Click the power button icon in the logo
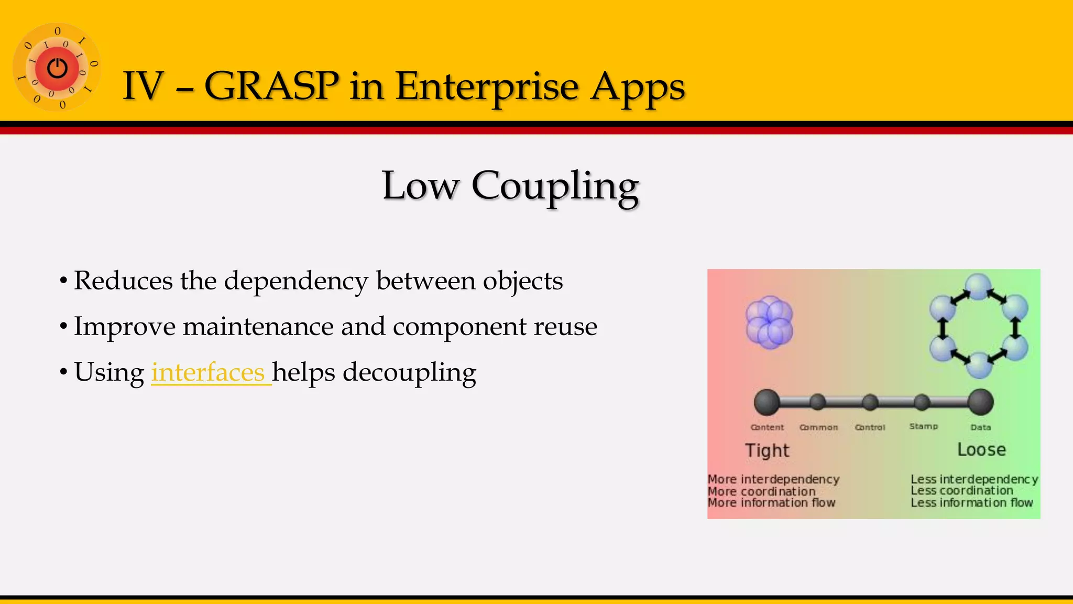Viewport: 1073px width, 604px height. tap(57, 68)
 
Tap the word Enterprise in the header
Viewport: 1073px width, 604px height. tap(487, 86)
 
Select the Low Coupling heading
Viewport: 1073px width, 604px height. tap(510, 186)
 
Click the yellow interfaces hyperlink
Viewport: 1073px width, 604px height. tap(209, 372)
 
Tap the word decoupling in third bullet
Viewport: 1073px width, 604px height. tap(409, 372)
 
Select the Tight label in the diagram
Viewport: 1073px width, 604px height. tap(767, 450)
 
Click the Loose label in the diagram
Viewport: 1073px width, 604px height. tap(981, 449)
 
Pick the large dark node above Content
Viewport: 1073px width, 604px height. tap(767, 402)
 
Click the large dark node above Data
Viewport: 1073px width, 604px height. tap(980, 402)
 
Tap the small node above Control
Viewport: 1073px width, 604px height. tap(870, 402)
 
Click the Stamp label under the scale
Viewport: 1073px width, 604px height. tap(923, 426)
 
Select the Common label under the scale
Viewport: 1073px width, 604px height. tap(818, 427)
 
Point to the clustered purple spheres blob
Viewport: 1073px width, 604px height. tap(769, 322)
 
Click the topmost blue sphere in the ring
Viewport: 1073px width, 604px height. tap(978, 287)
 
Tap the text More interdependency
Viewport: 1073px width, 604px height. tap(773, 479)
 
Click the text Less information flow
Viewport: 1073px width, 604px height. tap(971, 502)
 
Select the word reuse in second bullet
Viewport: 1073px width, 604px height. tap(565, 327)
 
